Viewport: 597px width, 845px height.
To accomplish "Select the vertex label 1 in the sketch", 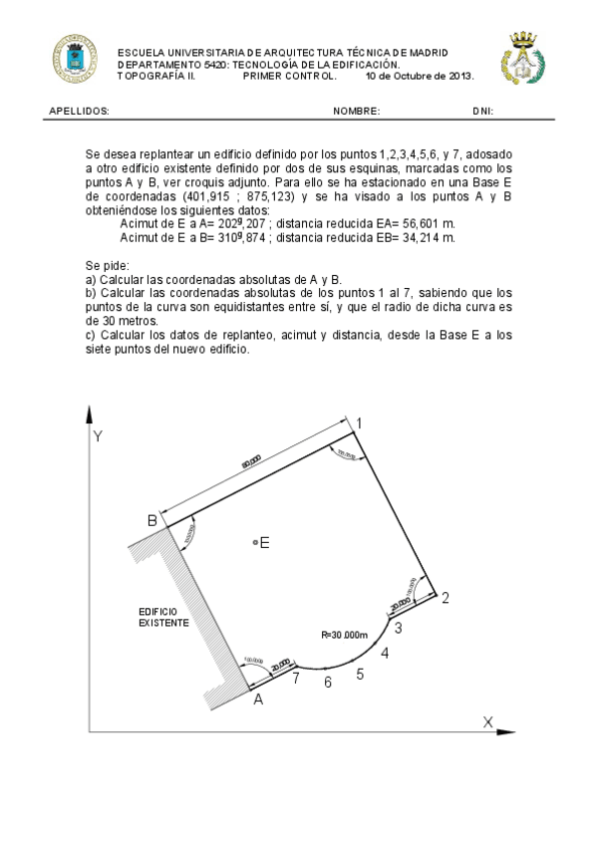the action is pyautogui.click(x=359, y=424).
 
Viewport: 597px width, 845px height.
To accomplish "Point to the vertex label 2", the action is pyautogui.click(x=445, y=598).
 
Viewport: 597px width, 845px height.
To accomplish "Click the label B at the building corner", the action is pyautogui.click(x=152, y=520).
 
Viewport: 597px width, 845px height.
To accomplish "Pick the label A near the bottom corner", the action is pyautogui.click(x=258, y=700).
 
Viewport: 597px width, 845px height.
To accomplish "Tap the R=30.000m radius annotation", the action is pyautogui.click(x=345, y=635).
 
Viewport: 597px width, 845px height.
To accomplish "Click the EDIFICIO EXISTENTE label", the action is pyautogui.click(x=163, y=616).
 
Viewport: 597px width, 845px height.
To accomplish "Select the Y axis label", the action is pyautogui.click(x=98, y=436).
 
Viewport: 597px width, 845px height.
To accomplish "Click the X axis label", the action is pyautogui.click(x=487, y=720).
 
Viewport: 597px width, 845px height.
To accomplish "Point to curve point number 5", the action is pyautogui.click(x=360, y=674).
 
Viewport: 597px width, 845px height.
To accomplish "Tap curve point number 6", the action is pyautogui.click(x=327, y=683).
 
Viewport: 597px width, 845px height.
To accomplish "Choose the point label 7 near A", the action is pyautogui.click(x=295, y=679).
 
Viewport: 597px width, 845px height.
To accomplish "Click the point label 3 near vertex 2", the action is pyautogui.click(x=398, y=627).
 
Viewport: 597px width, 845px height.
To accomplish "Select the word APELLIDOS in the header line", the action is pyautogui.click(x=79, y=113).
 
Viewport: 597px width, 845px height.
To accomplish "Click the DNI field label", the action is pyautogui.click(x=482, y=113).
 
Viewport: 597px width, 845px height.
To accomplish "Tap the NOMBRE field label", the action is pyautogui.click(x=356, y=113).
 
